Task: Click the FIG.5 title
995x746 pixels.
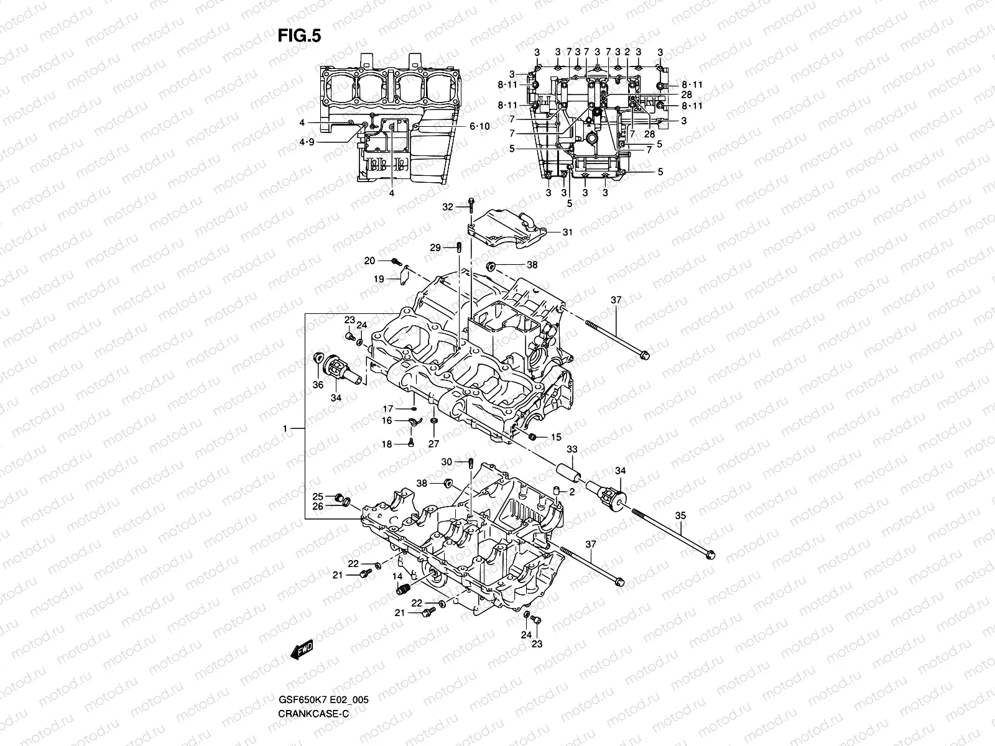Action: (x=299, y=36)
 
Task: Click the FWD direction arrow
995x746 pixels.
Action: (x=301, y=650)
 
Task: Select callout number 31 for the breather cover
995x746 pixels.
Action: (x=567, y=233)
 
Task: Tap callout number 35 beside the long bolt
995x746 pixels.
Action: (x=680, y=515)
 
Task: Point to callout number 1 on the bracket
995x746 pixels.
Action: (x=285, y=429)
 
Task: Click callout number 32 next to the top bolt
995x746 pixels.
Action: (x=448, y=206)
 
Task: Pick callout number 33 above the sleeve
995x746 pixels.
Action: (x=572, y=449)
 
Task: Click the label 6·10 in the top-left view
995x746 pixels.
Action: (x=479, y=126)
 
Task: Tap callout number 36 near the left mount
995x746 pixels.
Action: (x=318, y=385)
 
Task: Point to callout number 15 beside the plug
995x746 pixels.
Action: (x=555, y=438)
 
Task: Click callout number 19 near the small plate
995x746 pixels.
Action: (x=379, y=280)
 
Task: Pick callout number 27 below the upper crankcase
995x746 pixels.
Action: (x=433, y=443)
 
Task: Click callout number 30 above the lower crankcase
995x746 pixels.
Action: (x=447, y=461)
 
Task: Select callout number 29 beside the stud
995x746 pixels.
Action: (x=435, y=247)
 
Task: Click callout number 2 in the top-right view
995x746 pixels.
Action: (x=627, y=52)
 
